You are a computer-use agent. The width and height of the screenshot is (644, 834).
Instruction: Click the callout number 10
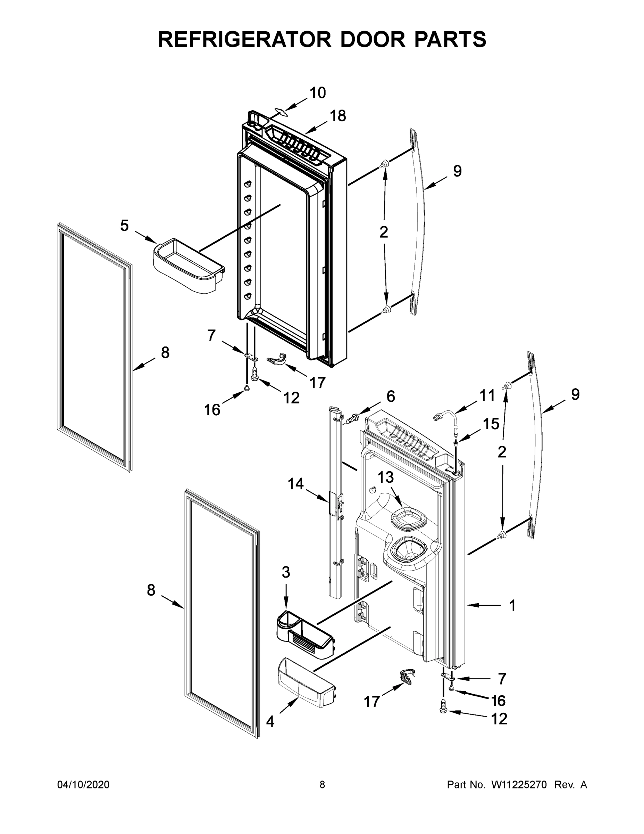click(x=317, y=93)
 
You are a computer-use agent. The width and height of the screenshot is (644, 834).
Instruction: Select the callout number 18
click(x=338, y=116)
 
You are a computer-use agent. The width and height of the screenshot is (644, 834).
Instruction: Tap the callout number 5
click(x=124, y=226)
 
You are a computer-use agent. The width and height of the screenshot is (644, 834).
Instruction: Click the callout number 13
click(x=386, y=477)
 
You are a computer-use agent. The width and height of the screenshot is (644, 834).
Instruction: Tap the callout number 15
click(x=491, y=424)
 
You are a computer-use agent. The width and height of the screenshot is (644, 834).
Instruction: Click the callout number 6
click(x=391, y=396)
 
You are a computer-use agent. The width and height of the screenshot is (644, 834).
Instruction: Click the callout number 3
click(x=286, y=572)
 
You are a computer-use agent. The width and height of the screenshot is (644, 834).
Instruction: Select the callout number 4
click(x=270, y=722)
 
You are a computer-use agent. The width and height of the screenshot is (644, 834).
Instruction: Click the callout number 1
click(x=512, y=605)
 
